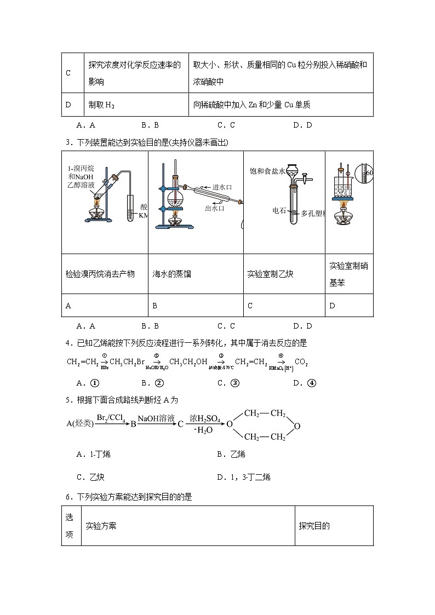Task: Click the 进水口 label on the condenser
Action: click(x=221, y=187)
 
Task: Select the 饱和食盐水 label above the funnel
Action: click(x=267, y=171)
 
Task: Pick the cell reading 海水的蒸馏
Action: click(x=171, y=274)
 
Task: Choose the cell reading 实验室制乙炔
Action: click(x=270, y=274)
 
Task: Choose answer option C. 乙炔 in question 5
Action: click(x=90, y=477)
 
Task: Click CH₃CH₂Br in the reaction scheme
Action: click(x=127, y=362)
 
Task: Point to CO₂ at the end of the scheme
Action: click(x=301, y=362)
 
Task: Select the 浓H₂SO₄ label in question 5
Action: click(x=205, y=419)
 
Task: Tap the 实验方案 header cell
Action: click(x=101, y=526)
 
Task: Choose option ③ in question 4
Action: click(x=230, y=383)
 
